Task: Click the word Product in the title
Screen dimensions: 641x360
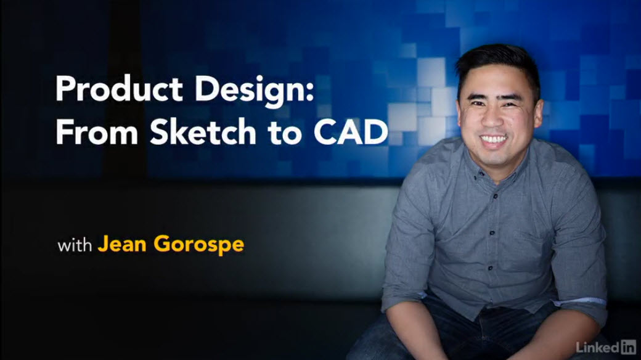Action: point(119,88)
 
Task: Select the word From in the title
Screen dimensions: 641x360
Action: point(97,132)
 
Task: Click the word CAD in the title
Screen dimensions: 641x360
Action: point(351,132)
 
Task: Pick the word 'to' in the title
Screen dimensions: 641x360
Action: point(285,133)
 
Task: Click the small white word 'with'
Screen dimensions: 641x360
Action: point(75,245)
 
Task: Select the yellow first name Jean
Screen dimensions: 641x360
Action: point(122,244)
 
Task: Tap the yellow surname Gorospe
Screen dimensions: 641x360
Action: point(199,245)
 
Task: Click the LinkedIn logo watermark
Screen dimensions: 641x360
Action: point(606,347)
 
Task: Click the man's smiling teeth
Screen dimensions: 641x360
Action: point(494,140)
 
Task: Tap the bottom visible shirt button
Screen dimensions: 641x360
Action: point(490,268)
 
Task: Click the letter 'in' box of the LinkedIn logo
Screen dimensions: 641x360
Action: point(628,347)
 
